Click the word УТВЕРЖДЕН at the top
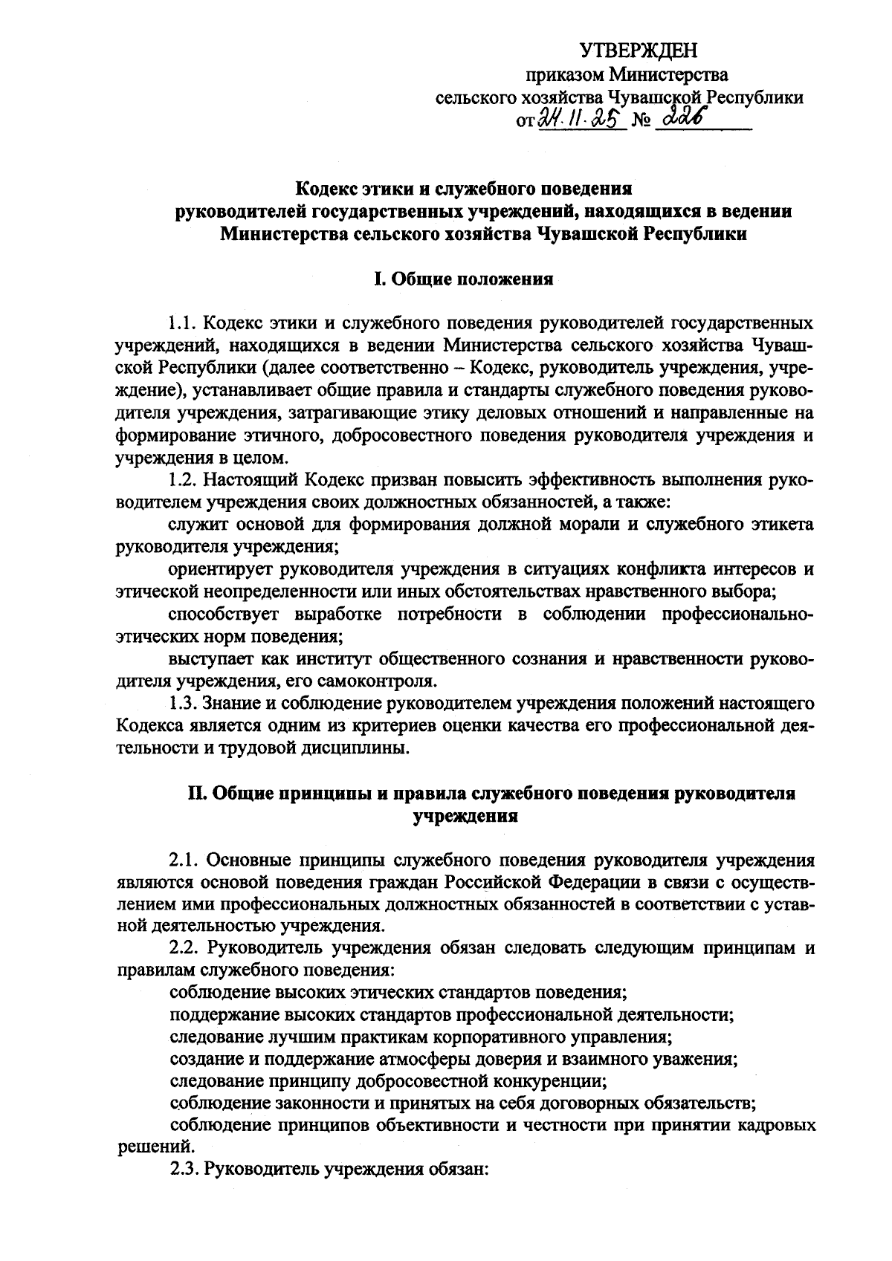639,51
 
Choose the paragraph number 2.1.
183,860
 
